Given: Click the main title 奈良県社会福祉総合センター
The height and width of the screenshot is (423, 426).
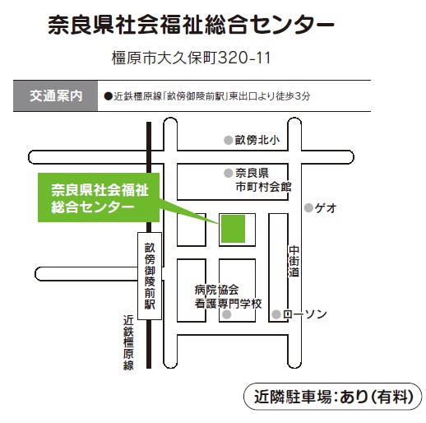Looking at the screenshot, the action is [191, 26].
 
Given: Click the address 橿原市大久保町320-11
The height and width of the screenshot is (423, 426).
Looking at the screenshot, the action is [191, 58].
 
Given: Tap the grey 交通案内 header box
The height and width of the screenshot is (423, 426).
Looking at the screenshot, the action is [55, 96].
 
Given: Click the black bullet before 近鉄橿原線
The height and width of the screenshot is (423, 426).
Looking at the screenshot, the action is [109, 96].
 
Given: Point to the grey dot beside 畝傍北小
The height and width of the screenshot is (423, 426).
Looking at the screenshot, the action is [229, 140].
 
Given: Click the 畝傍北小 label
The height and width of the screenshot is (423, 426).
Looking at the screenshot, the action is [257, 140].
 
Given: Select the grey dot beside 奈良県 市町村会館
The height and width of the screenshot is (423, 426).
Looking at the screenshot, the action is [229, 173].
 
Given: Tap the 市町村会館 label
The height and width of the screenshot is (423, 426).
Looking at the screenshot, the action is [263, 187].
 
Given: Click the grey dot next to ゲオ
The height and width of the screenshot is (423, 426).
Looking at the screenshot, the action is [308, 208].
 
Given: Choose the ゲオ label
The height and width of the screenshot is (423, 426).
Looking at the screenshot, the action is [326, 208].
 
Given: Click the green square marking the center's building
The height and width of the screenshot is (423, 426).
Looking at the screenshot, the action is [233, 229].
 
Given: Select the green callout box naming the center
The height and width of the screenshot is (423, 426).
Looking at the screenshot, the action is [99, 198].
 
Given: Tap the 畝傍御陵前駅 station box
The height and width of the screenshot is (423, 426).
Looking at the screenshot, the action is [150, 277].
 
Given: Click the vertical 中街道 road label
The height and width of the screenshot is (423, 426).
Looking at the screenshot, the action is [294, 261].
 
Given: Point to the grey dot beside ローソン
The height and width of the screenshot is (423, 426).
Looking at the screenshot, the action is [276, 314].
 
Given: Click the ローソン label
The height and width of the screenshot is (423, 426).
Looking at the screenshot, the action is [304, 314].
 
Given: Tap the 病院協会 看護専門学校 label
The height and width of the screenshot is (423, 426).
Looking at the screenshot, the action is [228, 297].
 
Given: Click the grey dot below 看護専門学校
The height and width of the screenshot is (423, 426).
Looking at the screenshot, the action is [226, 314].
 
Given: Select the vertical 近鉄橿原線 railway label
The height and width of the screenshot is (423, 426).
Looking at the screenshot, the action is [128, 342].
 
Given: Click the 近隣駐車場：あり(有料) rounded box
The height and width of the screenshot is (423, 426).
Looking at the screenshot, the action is [333, 397].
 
